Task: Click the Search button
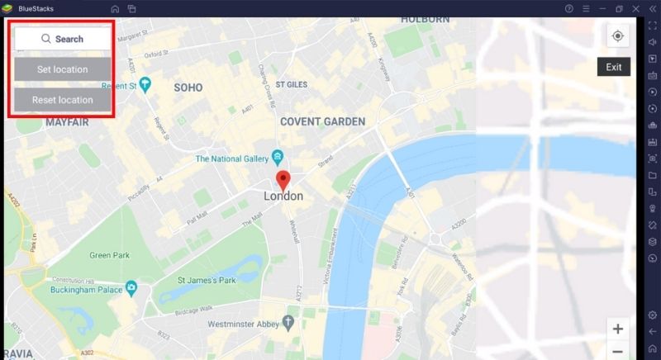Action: [x=62, y=39]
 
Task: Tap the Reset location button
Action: [x=62, y=100]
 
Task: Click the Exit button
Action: [x=613, y=67]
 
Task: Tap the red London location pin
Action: [x=283, y=180]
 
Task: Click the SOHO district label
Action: [x=188, y=87]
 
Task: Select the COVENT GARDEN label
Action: [x=322, y=121]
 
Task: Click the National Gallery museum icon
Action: [x=278, y=156]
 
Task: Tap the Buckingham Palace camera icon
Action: [x=131, y=287]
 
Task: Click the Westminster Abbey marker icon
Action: [x=288, y=320]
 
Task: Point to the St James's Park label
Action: [x=207, y=281]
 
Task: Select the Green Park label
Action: [x=111, y=255]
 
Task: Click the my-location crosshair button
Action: [x=617, y=36]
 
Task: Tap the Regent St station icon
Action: [x=145, y=83]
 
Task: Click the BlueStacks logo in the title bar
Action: [x=8, y=8]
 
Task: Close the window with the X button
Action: [x=635, y=8]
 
